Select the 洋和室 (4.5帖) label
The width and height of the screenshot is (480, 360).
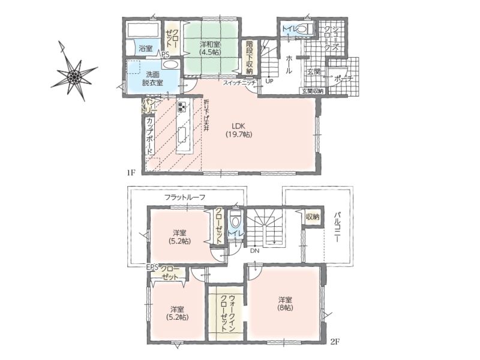[210, 48]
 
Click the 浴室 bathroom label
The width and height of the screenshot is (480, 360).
[145, 48]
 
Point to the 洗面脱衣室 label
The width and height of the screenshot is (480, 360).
[152, 79]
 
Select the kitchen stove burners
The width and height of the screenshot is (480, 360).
[181, 107]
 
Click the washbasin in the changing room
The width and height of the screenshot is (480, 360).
[170, 65]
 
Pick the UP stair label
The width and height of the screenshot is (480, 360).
[269, 82]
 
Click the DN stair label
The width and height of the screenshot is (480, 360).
[254, 251]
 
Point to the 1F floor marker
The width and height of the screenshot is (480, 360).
[131, 173]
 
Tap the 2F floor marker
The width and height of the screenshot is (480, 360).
[335, 341]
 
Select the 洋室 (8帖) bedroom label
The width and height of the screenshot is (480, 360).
[285, 304]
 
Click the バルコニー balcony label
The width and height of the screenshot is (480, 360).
[337, 227]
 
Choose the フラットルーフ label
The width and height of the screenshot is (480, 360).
[185, 197]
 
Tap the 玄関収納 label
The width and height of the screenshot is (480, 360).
[313, 91]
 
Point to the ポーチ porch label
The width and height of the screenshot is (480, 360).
[343, 79]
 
